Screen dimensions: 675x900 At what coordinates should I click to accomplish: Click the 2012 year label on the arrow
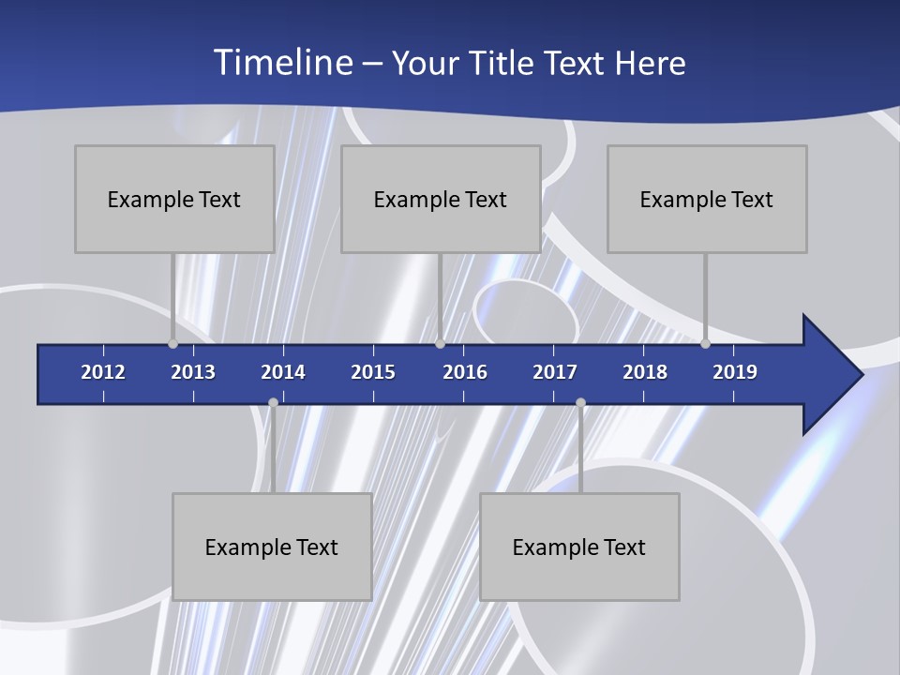coord(103,372)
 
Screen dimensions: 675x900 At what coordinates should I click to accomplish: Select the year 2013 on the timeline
coord(193,372)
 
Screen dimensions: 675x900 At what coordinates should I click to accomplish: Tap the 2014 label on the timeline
coord(283,372)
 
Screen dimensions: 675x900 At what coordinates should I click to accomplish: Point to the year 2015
coord(373,372)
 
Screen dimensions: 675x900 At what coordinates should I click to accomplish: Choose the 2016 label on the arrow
coord(465,372)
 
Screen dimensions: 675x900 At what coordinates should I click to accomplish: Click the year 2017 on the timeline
coord(555,372)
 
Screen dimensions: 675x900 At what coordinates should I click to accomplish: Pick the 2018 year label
coord(645,372)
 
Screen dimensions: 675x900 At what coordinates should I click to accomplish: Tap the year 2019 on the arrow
coord(735,372)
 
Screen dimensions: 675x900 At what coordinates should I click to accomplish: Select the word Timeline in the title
coord(282,63)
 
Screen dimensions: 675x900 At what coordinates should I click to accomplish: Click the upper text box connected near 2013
coord(174,199)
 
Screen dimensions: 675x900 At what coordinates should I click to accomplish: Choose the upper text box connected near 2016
coord(441,199)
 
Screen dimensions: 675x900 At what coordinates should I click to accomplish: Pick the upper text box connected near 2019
coord(707,199)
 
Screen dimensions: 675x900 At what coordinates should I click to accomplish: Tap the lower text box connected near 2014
coord(272,547)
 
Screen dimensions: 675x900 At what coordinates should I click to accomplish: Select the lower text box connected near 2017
coord(579,547)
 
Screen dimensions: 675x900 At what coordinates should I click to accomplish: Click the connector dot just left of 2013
coord(172,343)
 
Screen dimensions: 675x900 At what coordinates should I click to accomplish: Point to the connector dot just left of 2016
coord(440,343)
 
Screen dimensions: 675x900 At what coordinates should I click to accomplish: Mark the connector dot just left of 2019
coord(705,343)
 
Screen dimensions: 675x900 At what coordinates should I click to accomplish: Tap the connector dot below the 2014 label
coord(273,403)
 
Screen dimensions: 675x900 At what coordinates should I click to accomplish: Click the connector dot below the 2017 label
coord(580,403)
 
